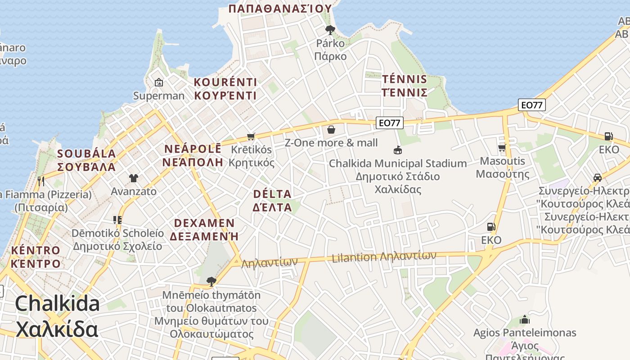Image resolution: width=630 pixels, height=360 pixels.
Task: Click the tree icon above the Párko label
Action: (330, 30)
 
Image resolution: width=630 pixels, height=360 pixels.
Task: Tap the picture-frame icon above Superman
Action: (158, 82)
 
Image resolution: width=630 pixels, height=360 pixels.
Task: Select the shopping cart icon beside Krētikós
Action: (251, 136)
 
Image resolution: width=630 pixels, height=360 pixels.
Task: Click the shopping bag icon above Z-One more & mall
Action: (331, 130)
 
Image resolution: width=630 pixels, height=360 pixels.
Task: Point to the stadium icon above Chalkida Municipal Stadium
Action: (398, 150)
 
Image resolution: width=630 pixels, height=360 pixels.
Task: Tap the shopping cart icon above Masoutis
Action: (502, 148)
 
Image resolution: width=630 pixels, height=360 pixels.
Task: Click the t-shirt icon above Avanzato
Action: (133, 178)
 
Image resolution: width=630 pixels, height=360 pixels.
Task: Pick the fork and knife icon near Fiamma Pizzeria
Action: (41, 181)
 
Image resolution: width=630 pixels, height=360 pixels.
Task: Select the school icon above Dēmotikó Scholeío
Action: (117, 220)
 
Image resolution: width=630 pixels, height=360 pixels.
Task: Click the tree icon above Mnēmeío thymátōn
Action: (211, 282)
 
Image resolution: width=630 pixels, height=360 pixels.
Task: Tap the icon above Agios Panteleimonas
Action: (525, 320)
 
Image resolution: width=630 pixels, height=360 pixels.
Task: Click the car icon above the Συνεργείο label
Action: (598, 177)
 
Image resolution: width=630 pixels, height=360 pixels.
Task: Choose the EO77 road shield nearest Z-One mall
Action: (389, 122)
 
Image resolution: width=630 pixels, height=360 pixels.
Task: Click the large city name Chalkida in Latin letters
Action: (58, 303)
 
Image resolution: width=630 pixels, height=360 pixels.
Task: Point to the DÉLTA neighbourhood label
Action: (272, 194)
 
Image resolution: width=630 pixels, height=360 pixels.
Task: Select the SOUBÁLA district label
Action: (86, 153)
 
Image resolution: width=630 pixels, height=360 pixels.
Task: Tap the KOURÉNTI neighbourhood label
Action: (225, 82)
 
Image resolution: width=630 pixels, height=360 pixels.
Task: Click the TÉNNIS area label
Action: (405, 80)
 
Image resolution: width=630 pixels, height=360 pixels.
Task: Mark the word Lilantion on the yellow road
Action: (354, 258)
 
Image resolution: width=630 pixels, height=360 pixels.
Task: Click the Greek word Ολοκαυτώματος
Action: (211, 334)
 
